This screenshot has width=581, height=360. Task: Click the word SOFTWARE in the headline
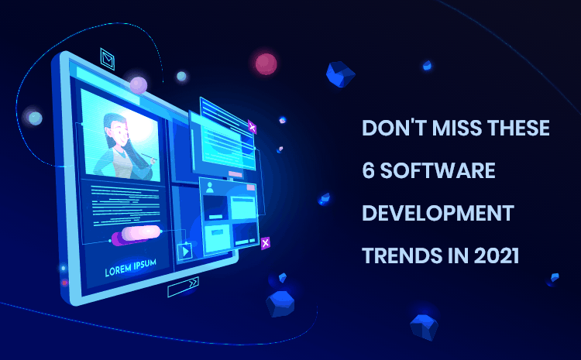pos(438,170)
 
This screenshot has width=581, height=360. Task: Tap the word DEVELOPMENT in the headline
pos(438,213)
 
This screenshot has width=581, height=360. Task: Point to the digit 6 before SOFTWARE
pos(368,170)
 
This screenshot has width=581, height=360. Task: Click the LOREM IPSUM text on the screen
pos(130,267)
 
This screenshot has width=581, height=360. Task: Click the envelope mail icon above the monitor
pos(108,59)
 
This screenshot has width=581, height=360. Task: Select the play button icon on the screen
pos(185,251)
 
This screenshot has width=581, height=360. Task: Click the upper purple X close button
pos(252,128)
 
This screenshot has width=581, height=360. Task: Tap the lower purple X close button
pos(265,243)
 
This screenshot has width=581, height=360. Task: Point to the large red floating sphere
pos(266,64)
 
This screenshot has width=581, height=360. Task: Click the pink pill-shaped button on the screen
pos(141,233)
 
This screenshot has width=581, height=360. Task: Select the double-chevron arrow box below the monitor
pos(183,286)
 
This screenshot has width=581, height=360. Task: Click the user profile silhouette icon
pos(210,187)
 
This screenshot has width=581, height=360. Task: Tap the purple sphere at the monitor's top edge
pos(139,85)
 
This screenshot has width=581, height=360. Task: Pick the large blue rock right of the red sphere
pos(340,74)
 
